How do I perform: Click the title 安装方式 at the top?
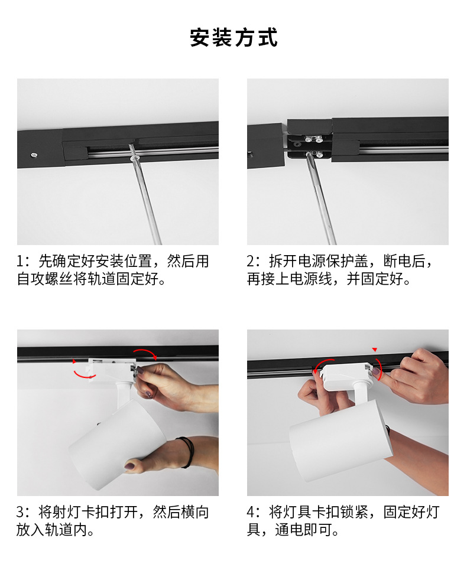pyautogui.click(x=234, y=37)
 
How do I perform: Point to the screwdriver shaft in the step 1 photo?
pyautogui.click(x=148, y=201)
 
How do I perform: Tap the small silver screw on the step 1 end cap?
pyautogui.click(x=34, y=155)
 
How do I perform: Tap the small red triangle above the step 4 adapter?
pyautogui.click(x=374, y=350)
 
